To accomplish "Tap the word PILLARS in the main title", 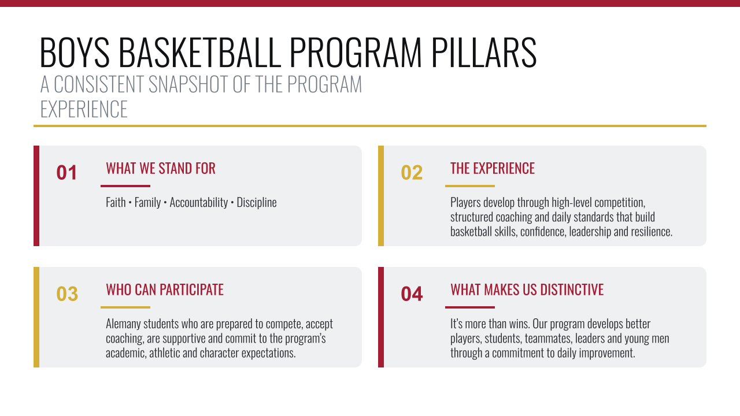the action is click(x=484, y=53).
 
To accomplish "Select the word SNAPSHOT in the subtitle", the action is click(x=188, y=84).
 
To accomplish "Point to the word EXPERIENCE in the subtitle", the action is click(x=84, y=109).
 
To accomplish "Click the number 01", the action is click(x=66, y=172).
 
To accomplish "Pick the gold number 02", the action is click(x=412, y=172).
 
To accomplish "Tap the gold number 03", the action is click(x=67, y=294).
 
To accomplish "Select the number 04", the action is click(x=412, y=294).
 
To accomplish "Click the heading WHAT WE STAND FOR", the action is click(x=161, y=168).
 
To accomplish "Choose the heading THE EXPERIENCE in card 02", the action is click(x=493, y=168).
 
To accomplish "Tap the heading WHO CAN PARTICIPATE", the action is click(x=165, y=290).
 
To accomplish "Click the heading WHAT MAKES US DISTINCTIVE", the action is click(x=527, y=290).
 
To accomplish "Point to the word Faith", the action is click(x=116, y=202).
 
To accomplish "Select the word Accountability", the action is click(x=198, y=203).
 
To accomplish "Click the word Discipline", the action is click(x=257, y=203).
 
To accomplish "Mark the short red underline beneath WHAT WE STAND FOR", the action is click(x=125, y=186).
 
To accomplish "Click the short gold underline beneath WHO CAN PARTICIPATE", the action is click(x=125, y=307).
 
